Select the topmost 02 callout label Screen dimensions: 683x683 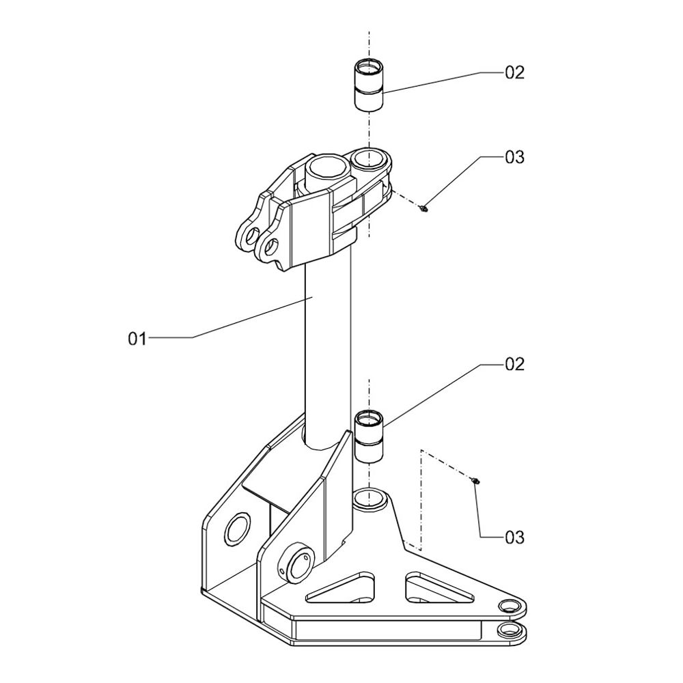(x=514, y=72)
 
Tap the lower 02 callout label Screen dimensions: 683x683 (x=514, y=364)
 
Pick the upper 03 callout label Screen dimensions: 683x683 (x=514, y=157)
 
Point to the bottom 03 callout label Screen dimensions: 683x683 (x=514, y=538)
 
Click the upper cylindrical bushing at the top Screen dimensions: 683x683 (x=369, y=85)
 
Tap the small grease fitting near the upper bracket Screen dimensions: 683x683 (x=423, y=208)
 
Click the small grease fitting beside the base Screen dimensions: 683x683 (x=475, y=480)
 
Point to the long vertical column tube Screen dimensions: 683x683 (x=327, y=348)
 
